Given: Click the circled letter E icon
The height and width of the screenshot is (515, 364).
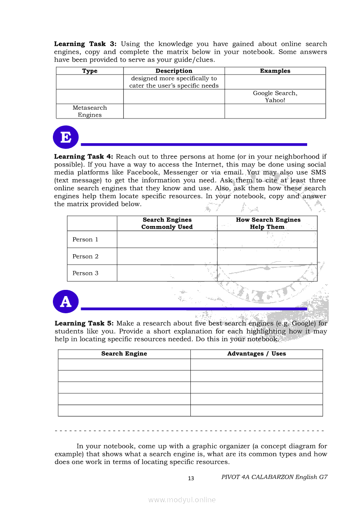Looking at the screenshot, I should tap(66, 137).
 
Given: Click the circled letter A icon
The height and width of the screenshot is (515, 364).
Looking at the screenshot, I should tap(66, 302).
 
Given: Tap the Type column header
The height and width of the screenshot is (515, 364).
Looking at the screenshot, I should tap(90, 71).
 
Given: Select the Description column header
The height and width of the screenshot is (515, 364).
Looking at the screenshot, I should tap(174, 71).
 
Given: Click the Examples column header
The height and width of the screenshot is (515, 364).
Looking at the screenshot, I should tap(275, 71).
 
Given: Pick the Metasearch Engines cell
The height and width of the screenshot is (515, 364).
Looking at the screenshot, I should tap(90, 111).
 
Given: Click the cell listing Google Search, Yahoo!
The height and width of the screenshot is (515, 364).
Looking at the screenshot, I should tap(275, 96).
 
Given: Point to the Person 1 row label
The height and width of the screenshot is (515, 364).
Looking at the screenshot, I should tap(85, 240).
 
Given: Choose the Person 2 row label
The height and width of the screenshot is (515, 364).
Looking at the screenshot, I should tap(85, 256).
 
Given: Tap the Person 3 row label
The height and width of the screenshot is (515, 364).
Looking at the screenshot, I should tap(85, 273).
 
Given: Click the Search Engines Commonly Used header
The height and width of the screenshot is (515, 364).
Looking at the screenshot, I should tap(167, 223).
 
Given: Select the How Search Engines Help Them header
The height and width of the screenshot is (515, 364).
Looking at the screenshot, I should tap(268, 223).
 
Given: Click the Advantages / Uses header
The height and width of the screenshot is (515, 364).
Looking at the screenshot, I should tap(256, 354).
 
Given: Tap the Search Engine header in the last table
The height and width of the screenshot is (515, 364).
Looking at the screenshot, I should tap(124, 354).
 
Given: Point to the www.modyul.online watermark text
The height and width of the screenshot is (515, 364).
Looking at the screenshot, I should tap(182, 500).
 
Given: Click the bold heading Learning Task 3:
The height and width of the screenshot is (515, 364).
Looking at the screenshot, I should tap(85, 44).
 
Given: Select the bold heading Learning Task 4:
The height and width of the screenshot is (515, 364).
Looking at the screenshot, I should tap(84, 157).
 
